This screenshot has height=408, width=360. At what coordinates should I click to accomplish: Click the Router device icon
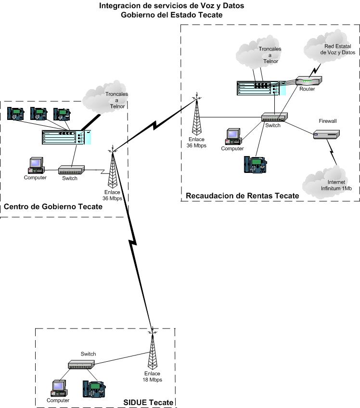pyautogui.click(x=309, y=81)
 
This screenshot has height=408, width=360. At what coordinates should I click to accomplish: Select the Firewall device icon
pyautogui.click(x=327, y=134)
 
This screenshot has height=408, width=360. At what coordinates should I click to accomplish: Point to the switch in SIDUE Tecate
pyautogui.click(x=80, y=365)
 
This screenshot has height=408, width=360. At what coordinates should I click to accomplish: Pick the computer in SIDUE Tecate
pyautogui.click(x=59, y=388)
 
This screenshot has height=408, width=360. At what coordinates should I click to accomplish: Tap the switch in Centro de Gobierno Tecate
pyautogui.click(x=71, y=170)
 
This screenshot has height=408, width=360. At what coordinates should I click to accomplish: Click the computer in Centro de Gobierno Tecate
pyautogui.click(x=36, y=165)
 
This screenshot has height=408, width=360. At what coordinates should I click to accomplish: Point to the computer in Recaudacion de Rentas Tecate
pyautogui.click(x=233, y=136)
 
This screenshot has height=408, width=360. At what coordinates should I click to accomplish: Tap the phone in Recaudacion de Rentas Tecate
pyautogui.click(x=254, y=164)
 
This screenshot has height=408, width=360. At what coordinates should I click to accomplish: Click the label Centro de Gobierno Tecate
pyautogui.click(x=53, y=207)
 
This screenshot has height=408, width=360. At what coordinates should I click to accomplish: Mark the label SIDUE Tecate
pyautogui.click(x=148, y=402)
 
